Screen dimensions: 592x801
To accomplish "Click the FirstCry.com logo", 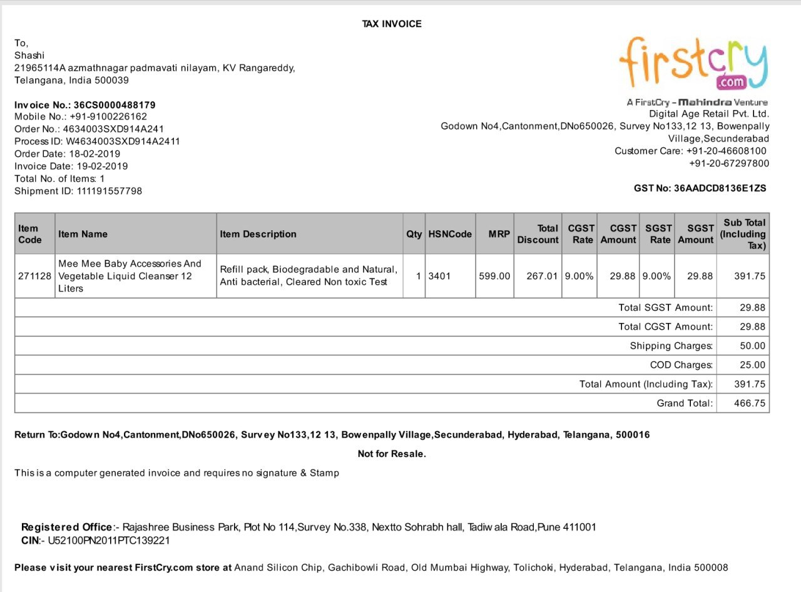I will pos(693,63).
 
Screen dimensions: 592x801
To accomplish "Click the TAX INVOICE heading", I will pos(392,24).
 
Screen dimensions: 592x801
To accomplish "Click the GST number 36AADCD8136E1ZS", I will pos(720,188).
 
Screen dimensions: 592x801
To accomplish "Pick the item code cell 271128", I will pos(35,276).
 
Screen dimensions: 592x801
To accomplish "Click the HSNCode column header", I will pos(450,234).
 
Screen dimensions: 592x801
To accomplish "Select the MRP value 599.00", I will pos(494,276).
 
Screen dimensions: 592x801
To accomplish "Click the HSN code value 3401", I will pos(439,276).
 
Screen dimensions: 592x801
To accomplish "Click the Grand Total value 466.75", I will pos(750,403).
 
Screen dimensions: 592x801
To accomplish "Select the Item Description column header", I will pos(258,234).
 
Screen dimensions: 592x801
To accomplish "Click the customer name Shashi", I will pos(29,55).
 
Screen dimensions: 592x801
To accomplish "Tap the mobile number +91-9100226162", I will pos(108,117).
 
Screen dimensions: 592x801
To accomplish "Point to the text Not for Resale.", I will pos(392,454).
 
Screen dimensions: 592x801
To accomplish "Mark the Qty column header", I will pos(414,234).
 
